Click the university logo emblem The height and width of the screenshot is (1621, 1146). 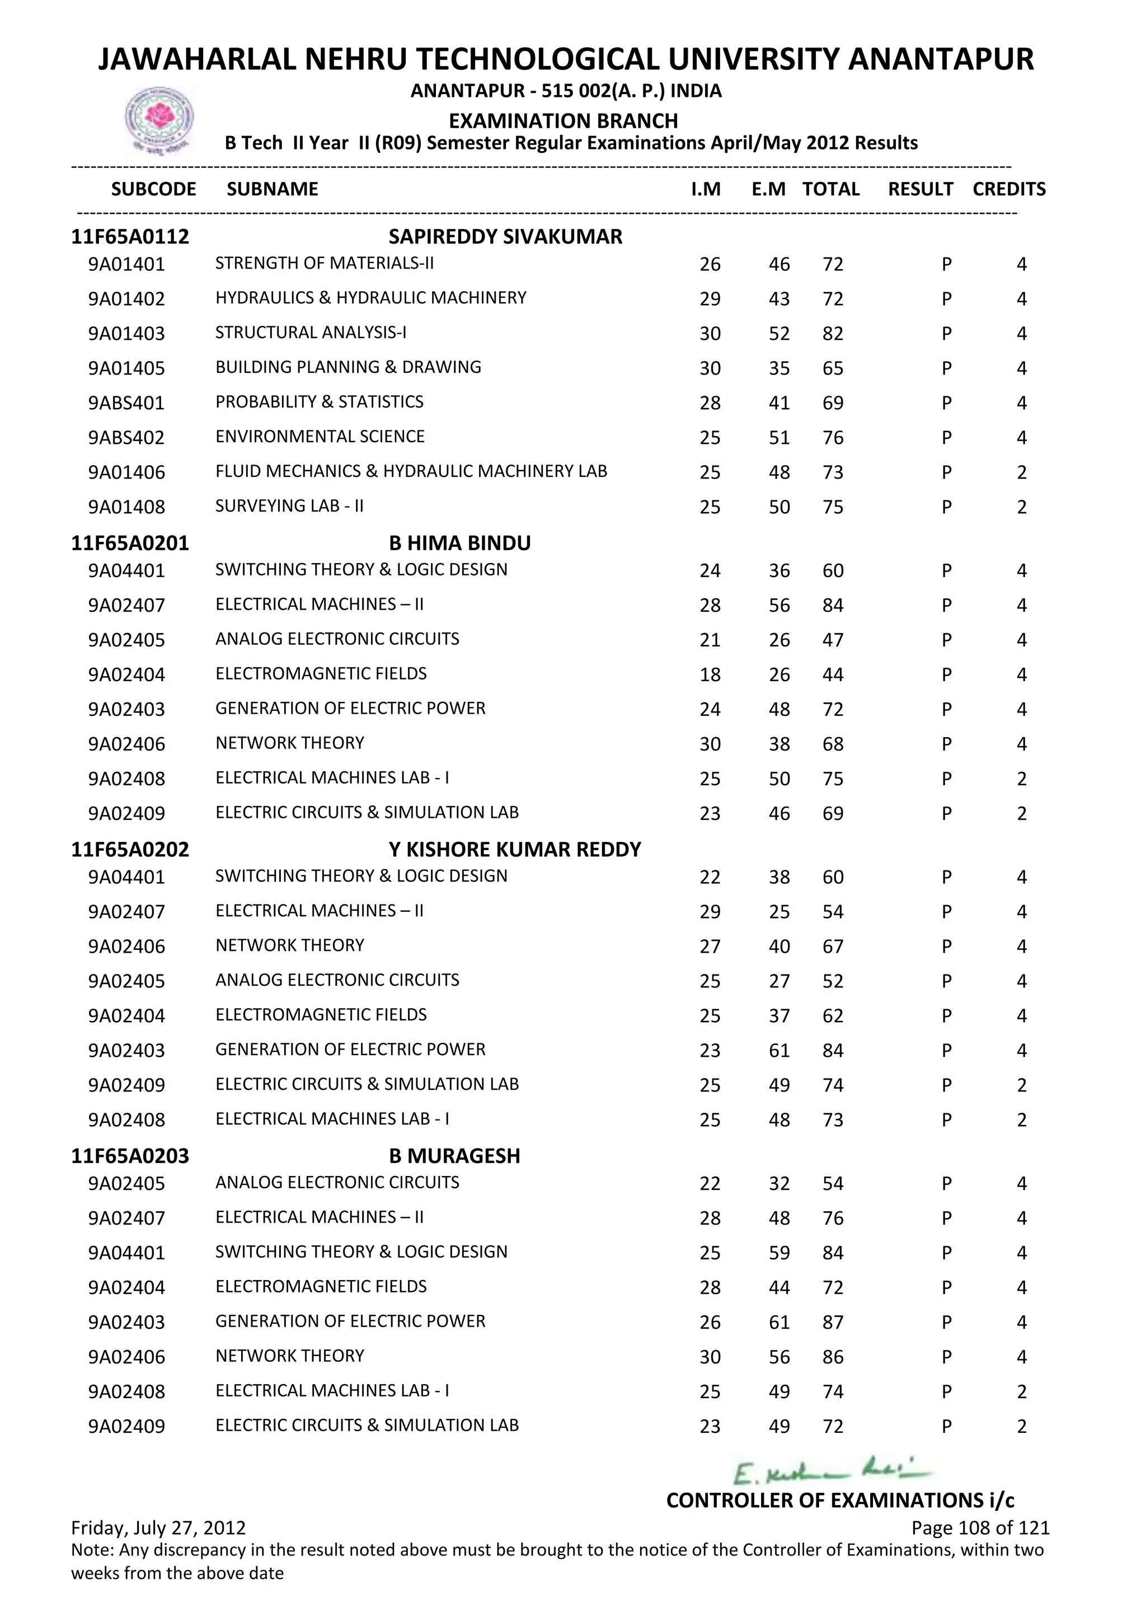pyautogui.click(x=159, y=120)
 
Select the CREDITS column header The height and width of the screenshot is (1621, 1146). pyautogui.click(x=1008, y=189)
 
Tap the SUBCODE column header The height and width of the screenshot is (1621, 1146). pyautogui.click(x=153, y=189)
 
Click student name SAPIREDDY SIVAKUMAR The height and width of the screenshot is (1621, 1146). pyautogui.click(x=505, y=237)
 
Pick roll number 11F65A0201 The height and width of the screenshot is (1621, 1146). pyautogui.click(x=130, y=543)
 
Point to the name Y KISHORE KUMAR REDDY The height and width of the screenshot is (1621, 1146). pyautogui.click(x=514, y=849)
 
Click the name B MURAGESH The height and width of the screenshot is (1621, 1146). pyautogui.click(x=454, y=1156)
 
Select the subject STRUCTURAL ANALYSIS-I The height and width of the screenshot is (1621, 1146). pyautogui.click(x=311, y=332)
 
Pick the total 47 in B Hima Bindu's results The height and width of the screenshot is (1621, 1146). pyautogui.click(x=833, y=640)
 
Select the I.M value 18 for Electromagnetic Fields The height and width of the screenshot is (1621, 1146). pyautogui.click(x=710, y=675)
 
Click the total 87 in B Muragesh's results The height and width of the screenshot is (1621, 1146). pyautogui.click(x=833, y=1322)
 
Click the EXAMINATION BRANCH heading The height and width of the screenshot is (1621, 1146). pyautogui.click(x=563, y=121)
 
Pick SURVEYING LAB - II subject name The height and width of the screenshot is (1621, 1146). pyautogui.click(x=289, y=506)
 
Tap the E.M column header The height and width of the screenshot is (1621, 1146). pyautogui.click(x=768, y=189)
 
